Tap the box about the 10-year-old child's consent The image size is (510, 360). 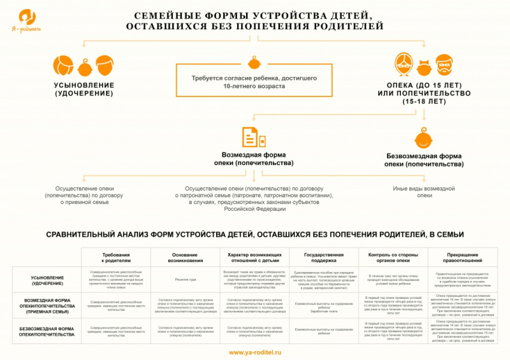(254, 81)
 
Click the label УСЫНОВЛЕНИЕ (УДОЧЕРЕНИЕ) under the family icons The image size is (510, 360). (84, 89)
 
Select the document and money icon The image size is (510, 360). (253, 137)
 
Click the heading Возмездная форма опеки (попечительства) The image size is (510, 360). (254, 159)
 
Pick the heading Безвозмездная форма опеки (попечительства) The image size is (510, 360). (424, 160)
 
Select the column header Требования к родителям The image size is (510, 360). (115, 257)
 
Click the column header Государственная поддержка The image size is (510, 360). (323, 257)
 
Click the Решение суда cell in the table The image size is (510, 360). (185, 279)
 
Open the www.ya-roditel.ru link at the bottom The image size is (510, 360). (254, 352)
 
